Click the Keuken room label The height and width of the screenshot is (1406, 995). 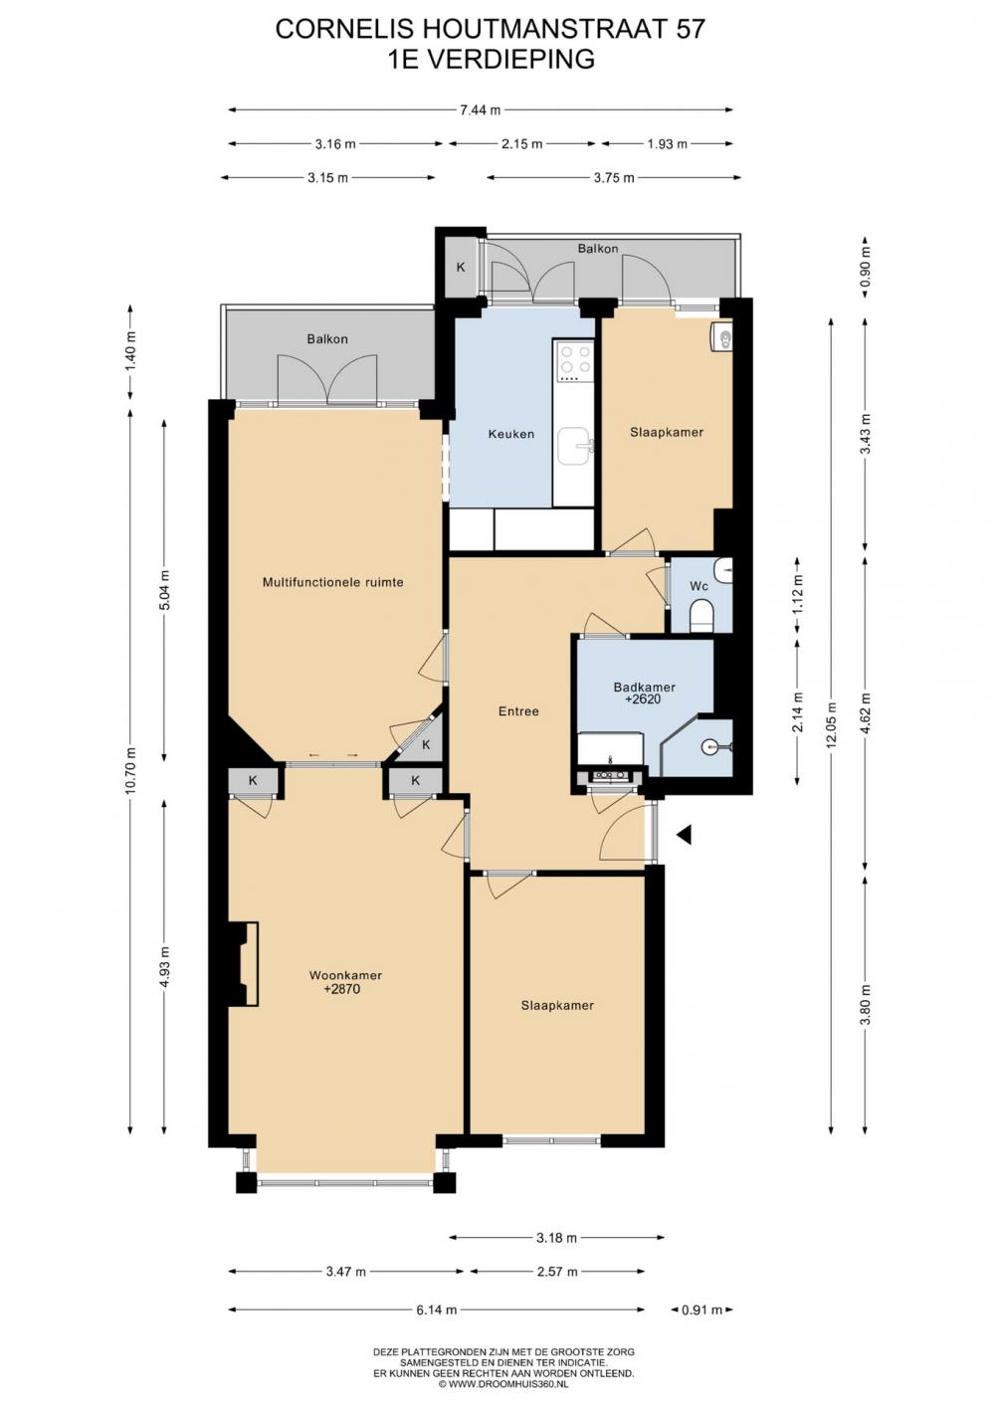511,434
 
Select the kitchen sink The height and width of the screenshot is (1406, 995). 574,446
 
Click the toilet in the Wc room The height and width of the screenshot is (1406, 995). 701,616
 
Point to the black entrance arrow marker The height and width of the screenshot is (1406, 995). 684,834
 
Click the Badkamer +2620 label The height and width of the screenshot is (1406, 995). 644,694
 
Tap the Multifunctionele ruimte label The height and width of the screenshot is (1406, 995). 332,582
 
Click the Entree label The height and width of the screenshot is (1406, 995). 518,711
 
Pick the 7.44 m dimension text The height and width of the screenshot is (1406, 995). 481,110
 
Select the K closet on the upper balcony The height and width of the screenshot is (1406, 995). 460,267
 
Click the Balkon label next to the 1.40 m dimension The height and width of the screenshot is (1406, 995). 327,339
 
